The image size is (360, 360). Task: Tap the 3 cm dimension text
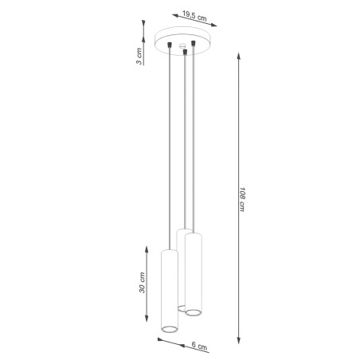139,56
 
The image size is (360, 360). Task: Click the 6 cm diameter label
202,347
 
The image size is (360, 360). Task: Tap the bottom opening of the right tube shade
192,312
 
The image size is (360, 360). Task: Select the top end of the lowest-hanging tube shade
169,251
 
